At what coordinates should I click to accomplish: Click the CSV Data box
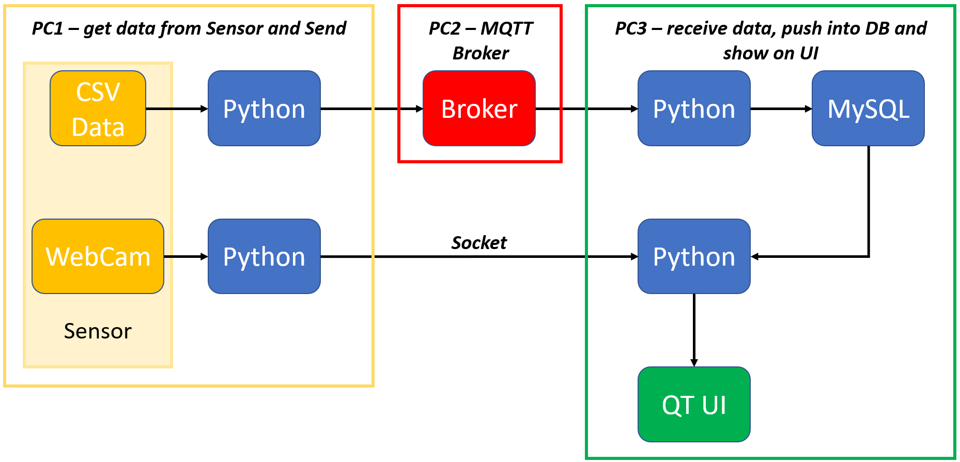[98, 109]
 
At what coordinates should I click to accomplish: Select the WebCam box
[98, 256]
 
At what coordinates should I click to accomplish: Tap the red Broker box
[479, 109]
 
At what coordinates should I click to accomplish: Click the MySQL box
[868, 109]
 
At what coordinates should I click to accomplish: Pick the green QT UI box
[694, 404]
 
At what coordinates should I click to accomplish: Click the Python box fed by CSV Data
[264, 109]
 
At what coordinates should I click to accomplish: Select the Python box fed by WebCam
[264, 256]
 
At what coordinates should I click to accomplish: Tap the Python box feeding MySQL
[694, 109]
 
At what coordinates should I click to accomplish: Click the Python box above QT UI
[694, 256]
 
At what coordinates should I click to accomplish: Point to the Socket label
[479, 242]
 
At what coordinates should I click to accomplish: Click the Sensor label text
[98, 331]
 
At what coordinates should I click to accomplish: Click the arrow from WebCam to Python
[185, 256]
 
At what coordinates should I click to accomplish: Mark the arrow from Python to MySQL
[781, 109]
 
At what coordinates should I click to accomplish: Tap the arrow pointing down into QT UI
[694, 331]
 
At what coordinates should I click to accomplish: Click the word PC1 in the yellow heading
[47, 28]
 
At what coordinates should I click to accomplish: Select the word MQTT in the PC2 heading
[506, 28]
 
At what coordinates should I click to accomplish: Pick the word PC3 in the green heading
[630, 28]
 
